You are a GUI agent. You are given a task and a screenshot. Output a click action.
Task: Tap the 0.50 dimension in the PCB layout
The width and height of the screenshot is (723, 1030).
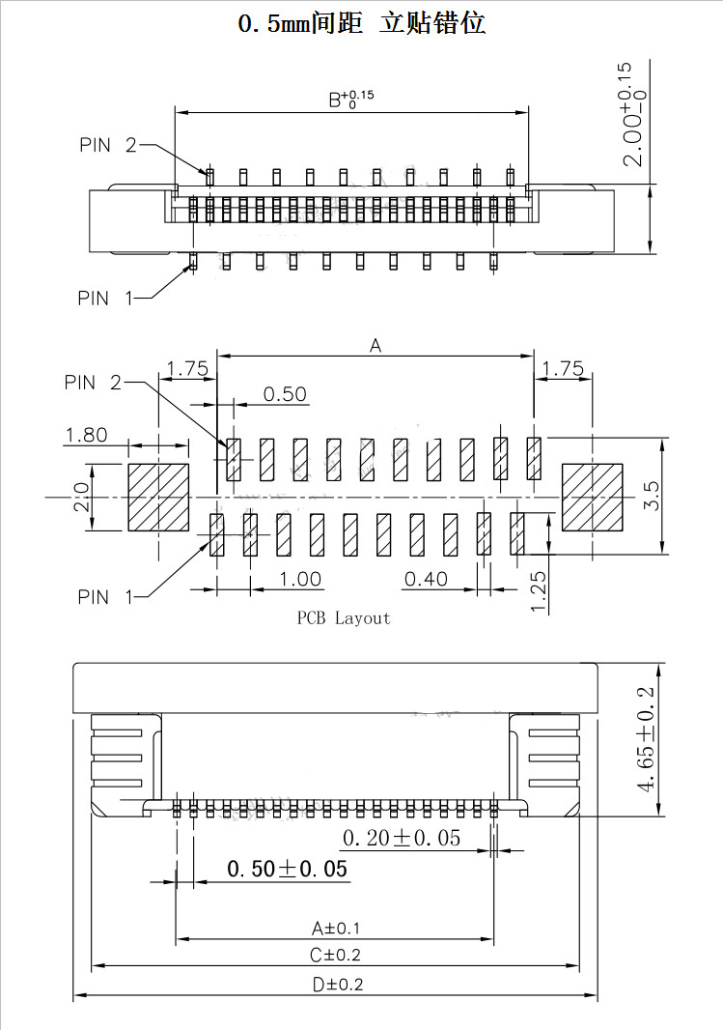pyautogui.click(x=285, y=393)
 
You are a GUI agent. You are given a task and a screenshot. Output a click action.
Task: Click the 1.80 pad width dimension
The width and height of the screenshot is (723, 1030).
pyautogui.click(x=86, y=435)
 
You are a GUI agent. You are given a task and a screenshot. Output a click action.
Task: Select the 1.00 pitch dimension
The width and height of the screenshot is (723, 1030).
pyautogui.click(x=300, y=579)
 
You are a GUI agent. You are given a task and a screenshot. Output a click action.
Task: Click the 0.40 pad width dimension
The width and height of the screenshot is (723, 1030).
pyautogui.click(x=426, y=579)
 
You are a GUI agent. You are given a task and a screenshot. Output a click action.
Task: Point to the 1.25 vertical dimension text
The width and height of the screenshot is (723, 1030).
pyautogui.click(x=539, y=591)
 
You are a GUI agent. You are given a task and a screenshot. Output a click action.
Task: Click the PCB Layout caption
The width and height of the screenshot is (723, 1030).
pyautogui.click(x=343, y=618)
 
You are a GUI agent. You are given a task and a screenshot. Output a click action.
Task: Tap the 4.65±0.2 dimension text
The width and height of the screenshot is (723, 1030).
pyautogui.click(x=646, y=738)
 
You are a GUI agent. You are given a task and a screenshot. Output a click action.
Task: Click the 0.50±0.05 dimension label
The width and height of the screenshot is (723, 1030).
pyautogui.click(x=287, y=869)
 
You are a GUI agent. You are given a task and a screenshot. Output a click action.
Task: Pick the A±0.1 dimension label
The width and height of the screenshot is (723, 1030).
pyautogui.click(x=336, y=929)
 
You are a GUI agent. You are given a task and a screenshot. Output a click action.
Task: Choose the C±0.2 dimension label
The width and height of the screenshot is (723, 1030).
pyautogui.click(x=336, y=956)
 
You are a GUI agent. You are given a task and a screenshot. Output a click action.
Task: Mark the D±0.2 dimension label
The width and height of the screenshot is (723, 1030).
pyautogui.click(x=336, y=986)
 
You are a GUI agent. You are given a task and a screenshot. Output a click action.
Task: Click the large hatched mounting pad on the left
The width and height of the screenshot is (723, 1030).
pyautogui.click(x=158, y=497)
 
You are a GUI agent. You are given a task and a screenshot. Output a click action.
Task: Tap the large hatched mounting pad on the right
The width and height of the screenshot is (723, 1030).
pyautogui.click(x=593, y=497)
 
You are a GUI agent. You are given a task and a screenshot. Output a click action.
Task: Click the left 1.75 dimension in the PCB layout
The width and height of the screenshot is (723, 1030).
pyautogui.click(x=187, y=368)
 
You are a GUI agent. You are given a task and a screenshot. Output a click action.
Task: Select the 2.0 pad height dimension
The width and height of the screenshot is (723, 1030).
pyautogui.click(x=82, y=497)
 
